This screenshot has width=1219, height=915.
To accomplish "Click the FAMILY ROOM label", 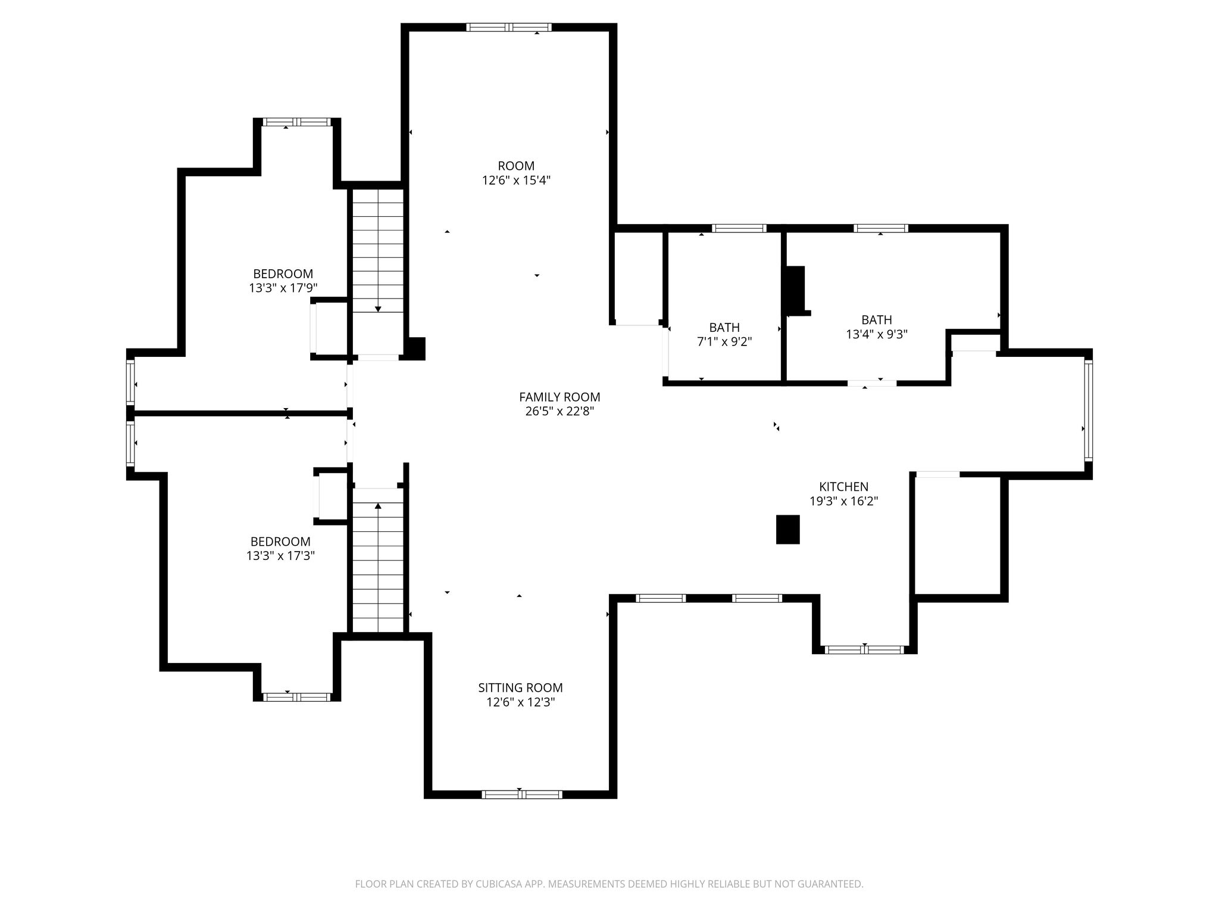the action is pyautogui.click(x=560, y=397).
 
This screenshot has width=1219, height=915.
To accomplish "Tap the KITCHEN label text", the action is pyautogui.click(x=843, y=487).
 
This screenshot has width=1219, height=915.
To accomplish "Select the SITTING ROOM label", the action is pyautogui.click(x=520, y=687).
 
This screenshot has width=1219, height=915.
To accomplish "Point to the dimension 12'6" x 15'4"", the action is pyautogui.click(x=516, y=180).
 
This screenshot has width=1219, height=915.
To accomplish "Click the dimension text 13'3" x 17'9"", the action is pyautogui.click(x=283, y=288).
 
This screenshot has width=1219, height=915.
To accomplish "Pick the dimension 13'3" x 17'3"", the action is pyautogui.click(x=280, y=556).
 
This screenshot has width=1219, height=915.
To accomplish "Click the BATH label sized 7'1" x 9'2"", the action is pyautogui.click(x=724, y=328).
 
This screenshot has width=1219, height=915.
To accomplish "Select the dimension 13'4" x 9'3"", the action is pyautogui.click(x=877, y=334).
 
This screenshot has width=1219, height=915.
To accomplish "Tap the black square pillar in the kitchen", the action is pyautogui.click(x=787, y=529).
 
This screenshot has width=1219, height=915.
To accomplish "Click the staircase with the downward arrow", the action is pyautogui.click(x=378, y=250).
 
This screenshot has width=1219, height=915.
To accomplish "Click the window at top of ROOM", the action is pyautogui.click(x=509, y=27).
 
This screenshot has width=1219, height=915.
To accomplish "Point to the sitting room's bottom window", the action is pyautogui.click(x=521, y=794).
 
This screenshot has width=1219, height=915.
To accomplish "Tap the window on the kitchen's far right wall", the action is pyautogui.click(x=1088, y=410).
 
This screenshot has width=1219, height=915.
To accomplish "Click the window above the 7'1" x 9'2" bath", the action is pyautogui.click(x=739, y=228).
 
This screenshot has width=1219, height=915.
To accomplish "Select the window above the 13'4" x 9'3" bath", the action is pyautogui.click(x=881, y=228).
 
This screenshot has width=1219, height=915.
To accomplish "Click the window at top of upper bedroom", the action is pyautogui.click(x=297, y=122).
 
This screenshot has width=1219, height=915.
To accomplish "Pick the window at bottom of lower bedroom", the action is pyautogui.click(x=297, y=697).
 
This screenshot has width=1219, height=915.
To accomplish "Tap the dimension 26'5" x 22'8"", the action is pyautogui.click(x=560, y=411).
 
